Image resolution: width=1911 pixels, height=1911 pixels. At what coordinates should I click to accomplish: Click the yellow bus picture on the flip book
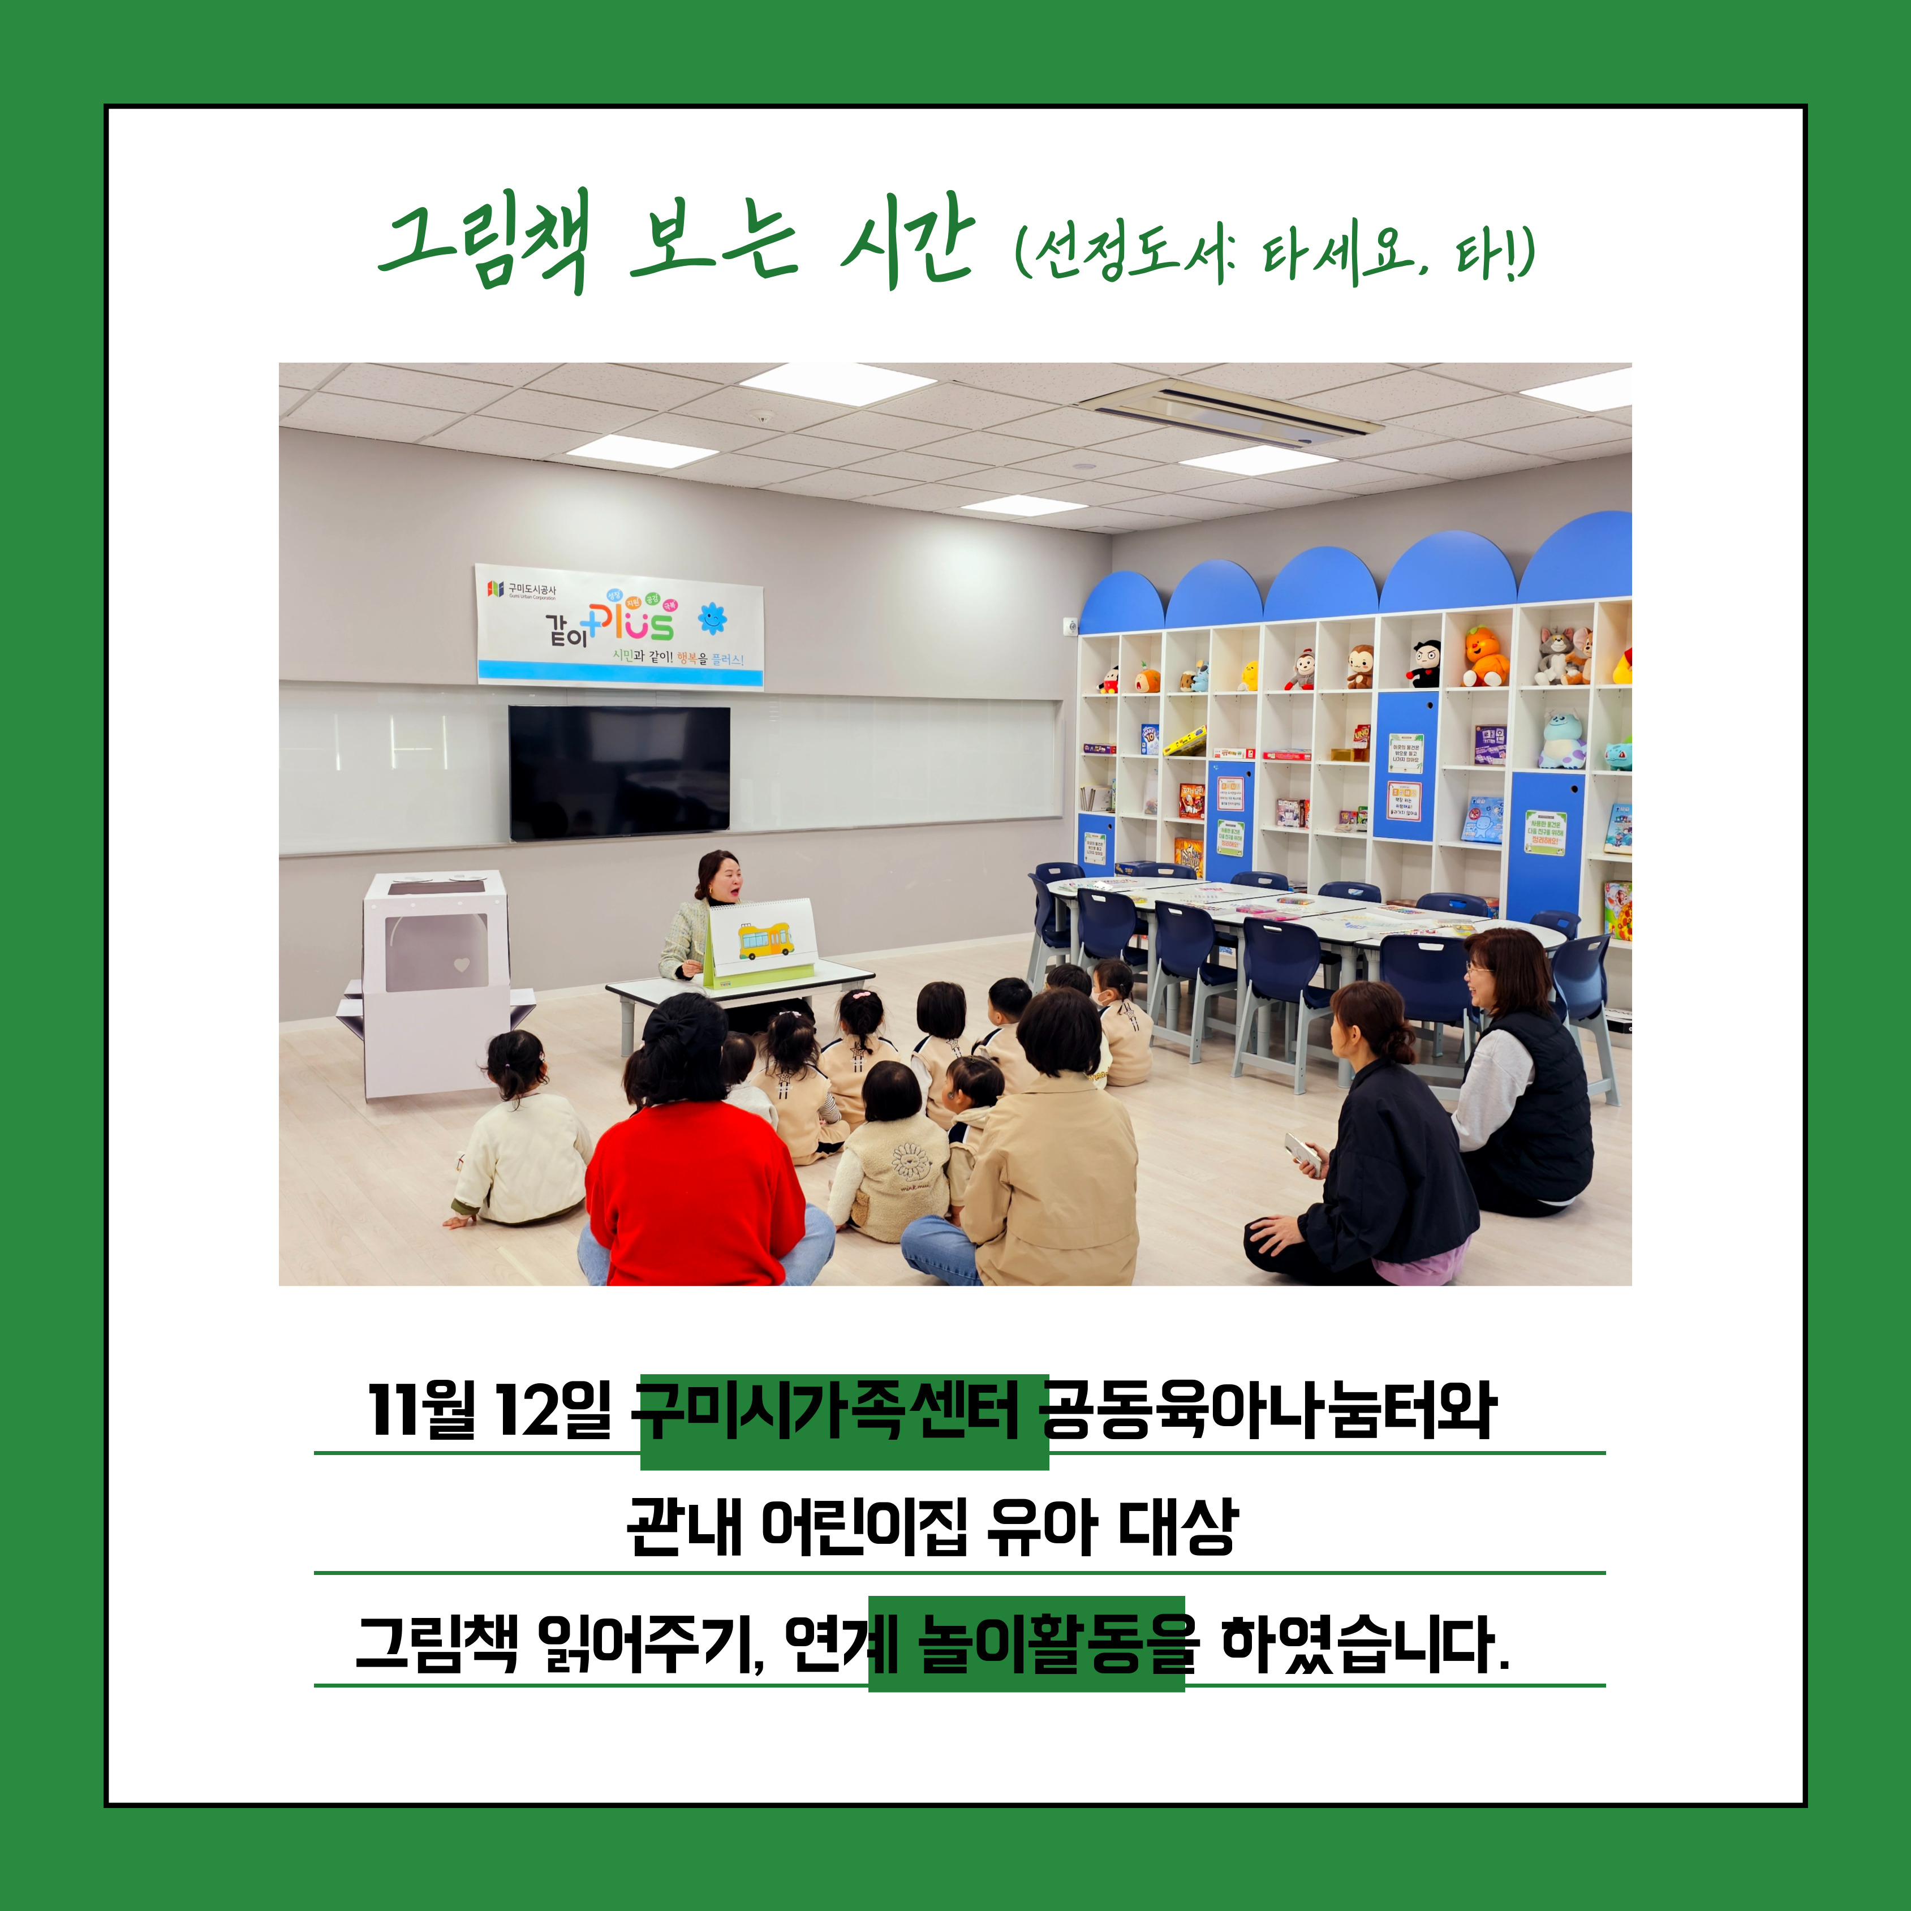tap(765, 939)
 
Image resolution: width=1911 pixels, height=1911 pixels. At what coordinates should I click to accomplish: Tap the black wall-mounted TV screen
tap(619, 772)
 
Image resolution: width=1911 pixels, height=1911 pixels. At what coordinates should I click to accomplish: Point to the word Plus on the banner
tap(633, 621)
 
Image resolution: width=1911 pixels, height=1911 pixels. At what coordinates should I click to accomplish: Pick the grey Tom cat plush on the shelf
tap(1553, 654)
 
